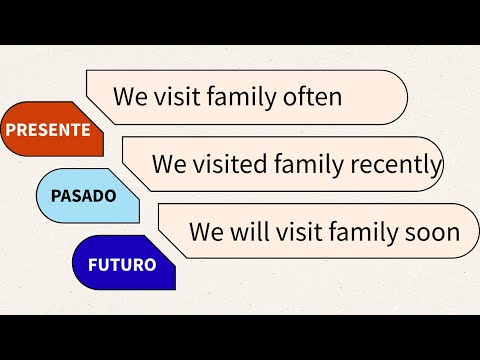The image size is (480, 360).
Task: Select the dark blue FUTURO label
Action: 122,265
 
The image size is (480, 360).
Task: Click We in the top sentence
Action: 130,97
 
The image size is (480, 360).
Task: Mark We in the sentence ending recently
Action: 169,164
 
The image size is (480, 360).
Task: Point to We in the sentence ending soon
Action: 207,232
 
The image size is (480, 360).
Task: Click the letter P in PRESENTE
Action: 11,130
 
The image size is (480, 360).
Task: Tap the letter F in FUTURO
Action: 93,265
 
